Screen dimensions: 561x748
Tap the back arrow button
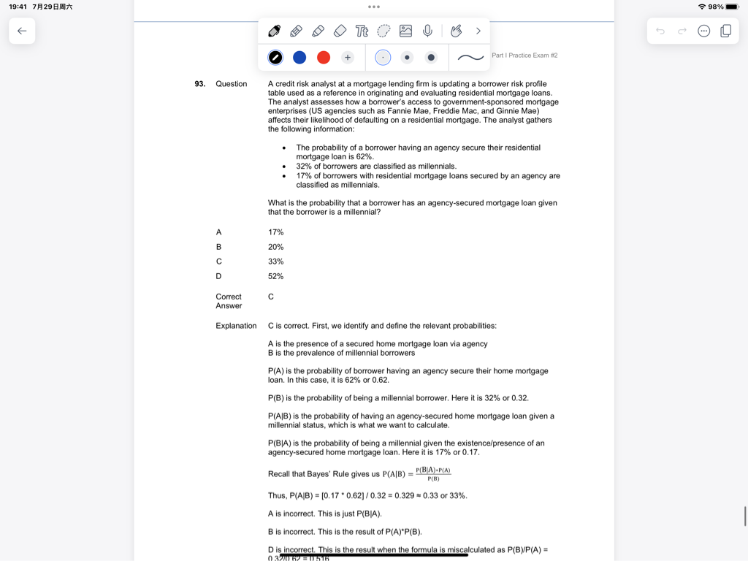22,31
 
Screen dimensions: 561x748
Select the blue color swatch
299,58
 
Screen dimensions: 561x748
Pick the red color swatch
324,58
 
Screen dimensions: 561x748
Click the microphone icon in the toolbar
427,31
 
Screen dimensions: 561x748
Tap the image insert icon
405,31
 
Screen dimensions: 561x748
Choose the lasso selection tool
383,31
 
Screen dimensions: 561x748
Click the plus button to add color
348,58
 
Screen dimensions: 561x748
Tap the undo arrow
660,31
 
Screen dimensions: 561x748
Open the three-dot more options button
703,31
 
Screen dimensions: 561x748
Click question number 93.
199,84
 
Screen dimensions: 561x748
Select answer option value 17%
275,232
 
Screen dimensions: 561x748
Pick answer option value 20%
275,247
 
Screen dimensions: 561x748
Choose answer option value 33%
275,262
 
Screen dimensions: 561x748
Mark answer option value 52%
275,276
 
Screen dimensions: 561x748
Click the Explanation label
236,326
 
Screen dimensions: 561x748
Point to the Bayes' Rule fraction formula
433,474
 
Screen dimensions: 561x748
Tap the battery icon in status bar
732,7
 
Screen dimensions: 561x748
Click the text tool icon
362,31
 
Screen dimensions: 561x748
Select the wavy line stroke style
470,58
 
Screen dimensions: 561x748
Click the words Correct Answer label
229,301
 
